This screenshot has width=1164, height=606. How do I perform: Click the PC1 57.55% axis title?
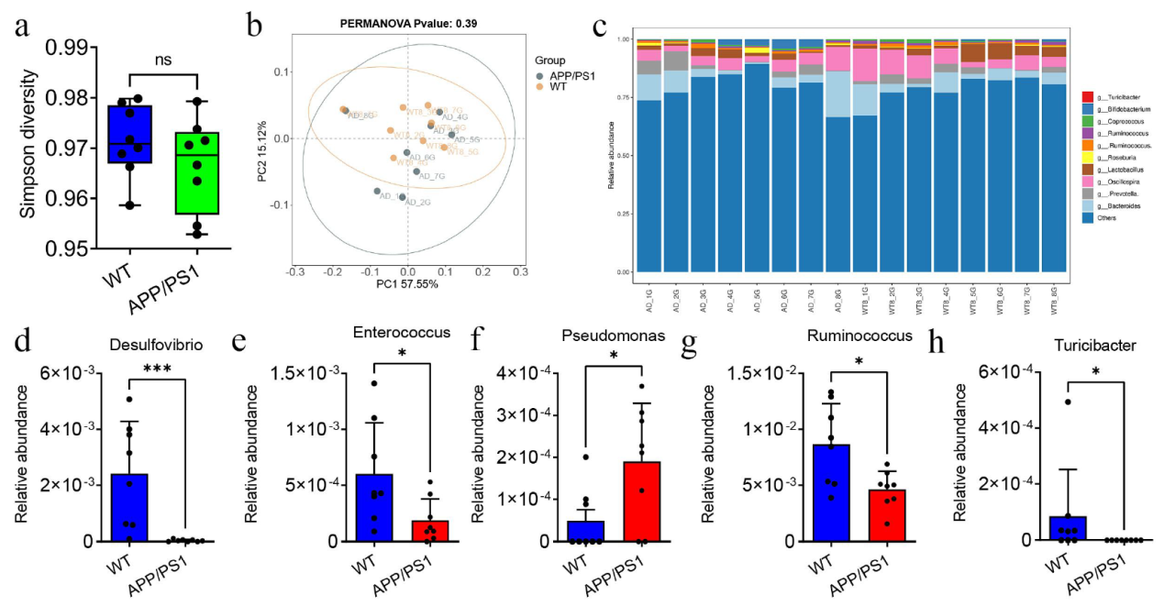pyautogui.click(x=405, y=284)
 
